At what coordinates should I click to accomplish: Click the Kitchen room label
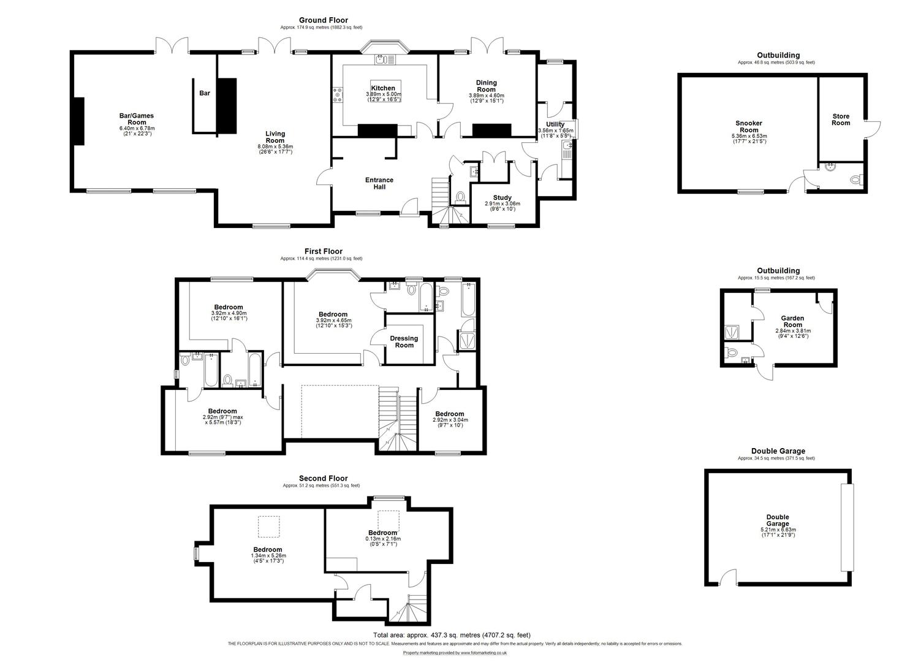[383, 88]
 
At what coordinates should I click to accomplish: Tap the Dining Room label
[487, 86]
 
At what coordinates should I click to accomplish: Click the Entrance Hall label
[379, 183]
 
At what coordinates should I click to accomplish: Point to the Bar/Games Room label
[137, 119]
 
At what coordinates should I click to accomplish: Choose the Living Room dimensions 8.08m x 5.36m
[275, 147]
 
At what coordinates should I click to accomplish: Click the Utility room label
[555, 124]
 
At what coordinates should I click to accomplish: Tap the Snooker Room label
[749, 127]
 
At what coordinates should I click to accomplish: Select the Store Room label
[841, 119]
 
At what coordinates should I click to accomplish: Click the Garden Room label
[792, 322]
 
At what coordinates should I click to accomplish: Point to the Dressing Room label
[404, 341]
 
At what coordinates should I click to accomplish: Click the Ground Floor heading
[323, 20]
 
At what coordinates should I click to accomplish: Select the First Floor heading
[324, 251]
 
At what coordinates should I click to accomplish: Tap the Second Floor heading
[323, 478]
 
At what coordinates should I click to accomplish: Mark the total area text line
[452, 635]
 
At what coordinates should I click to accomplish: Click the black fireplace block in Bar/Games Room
[78, 121]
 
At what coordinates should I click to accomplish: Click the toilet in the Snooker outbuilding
[856, 180]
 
